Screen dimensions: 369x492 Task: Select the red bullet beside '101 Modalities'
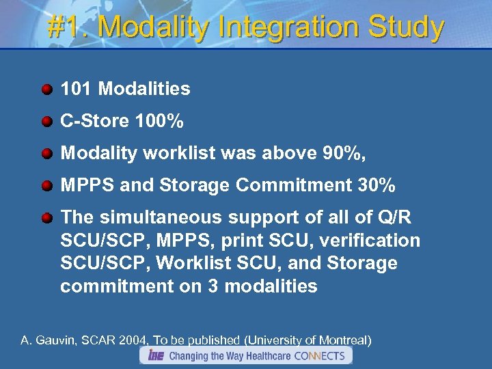pyautogui.click(x=46, y=90)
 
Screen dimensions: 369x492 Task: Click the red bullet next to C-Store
pyautogui.click(x=46, y=122)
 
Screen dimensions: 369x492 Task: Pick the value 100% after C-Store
pyautogui.click(x=159, y=122)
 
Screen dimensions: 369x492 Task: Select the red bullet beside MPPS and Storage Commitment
pyautogui.click(x=46, y=186)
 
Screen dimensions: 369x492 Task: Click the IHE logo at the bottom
pyautogui.click(x=154, y=355)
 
